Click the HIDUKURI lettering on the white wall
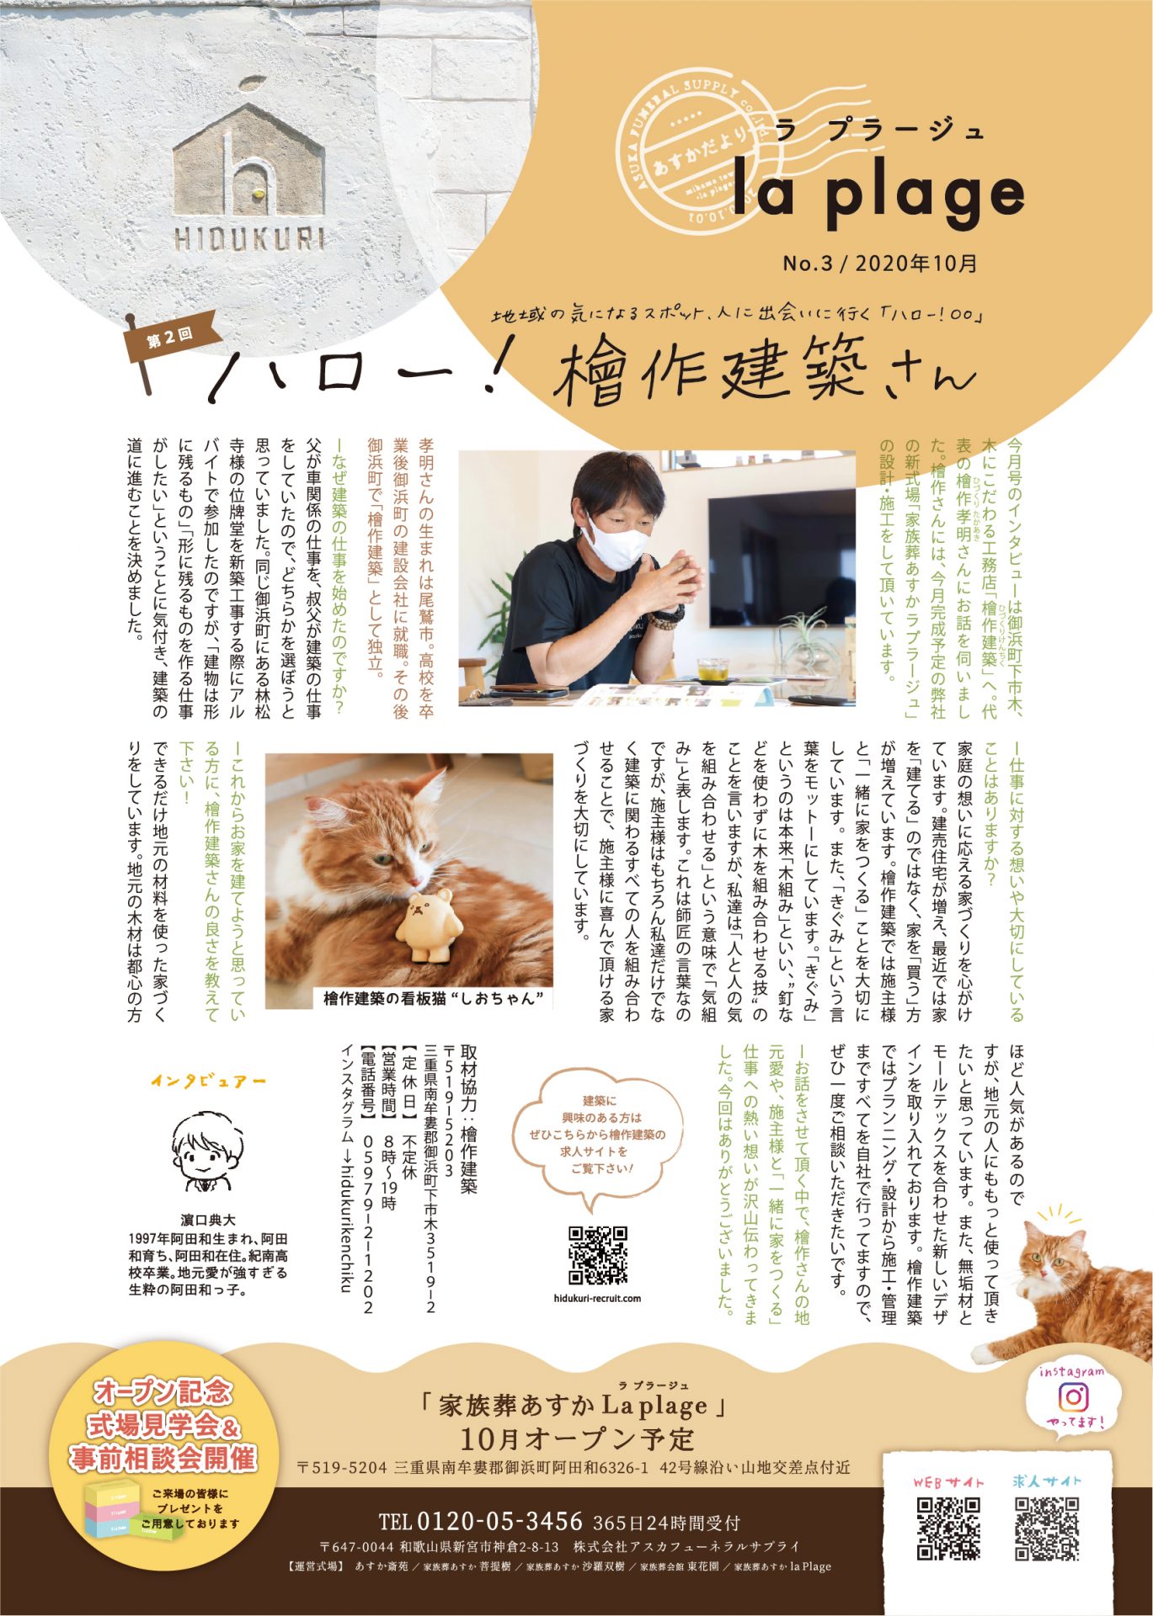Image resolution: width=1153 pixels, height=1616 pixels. tap(249, 239)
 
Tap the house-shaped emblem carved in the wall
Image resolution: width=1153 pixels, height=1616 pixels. tap(248, 157)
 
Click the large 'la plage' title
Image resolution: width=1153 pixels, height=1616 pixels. tap(878, 193)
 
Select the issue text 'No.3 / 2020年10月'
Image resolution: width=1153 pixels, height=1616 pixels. tap(880, 263)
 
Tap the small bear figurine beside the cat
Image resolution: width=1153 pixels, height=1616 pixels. tap(430, 928)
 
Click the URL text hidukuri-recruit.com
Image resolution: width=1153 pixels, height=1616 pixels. tap(598, 1298)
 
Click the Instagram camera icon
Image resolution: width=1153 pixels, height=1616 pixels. tap(1072, 1397)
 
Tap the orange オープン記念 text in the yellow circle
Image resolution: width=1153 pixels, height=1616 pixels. tap(163, 1391)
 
